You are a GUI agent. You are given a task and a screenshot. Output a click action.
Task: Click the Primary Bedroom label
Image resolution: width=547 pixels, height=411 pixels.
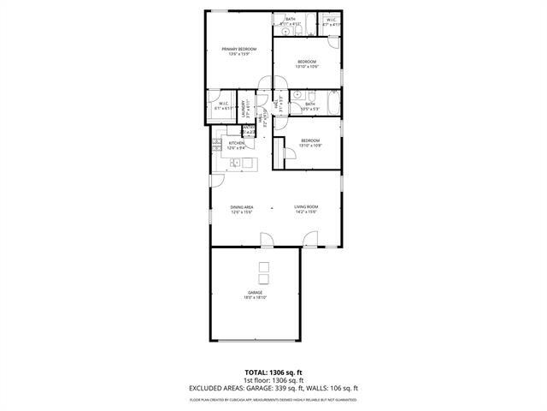(239, 50)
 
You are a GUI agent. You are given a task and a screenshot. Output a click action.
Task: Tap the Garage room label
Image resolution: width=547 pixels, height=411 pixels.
(256, 293)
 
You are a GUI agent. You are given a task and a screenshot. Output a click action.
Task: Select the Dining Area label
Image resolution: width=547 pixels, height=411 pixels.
(242, 206)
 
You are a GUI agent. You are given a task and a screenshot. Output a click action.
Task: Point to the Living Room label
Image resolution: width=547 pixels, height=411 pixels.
(306, 206)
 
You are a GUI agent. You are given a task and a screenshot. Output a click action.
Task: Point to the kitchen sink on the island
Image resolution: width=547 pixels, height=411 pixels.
(248, 161)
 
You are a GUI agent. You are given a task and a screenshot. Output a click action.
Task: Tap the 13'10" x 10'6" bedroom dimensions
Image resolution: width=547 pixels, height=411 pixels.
(307, 66)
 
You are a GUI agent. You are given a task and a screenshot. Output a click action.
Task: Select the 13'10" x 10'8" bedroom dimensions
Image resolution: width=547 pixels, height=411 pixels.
(309, 145)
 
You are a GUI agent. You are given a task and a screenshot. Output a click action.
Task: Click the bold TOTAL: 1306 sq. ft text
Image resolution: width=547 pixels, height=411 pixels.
(273, 373)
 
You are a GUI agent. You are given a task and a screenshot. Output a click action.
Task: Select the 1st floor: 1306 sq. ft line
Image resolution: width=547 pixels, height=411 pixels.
(273, 380)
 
